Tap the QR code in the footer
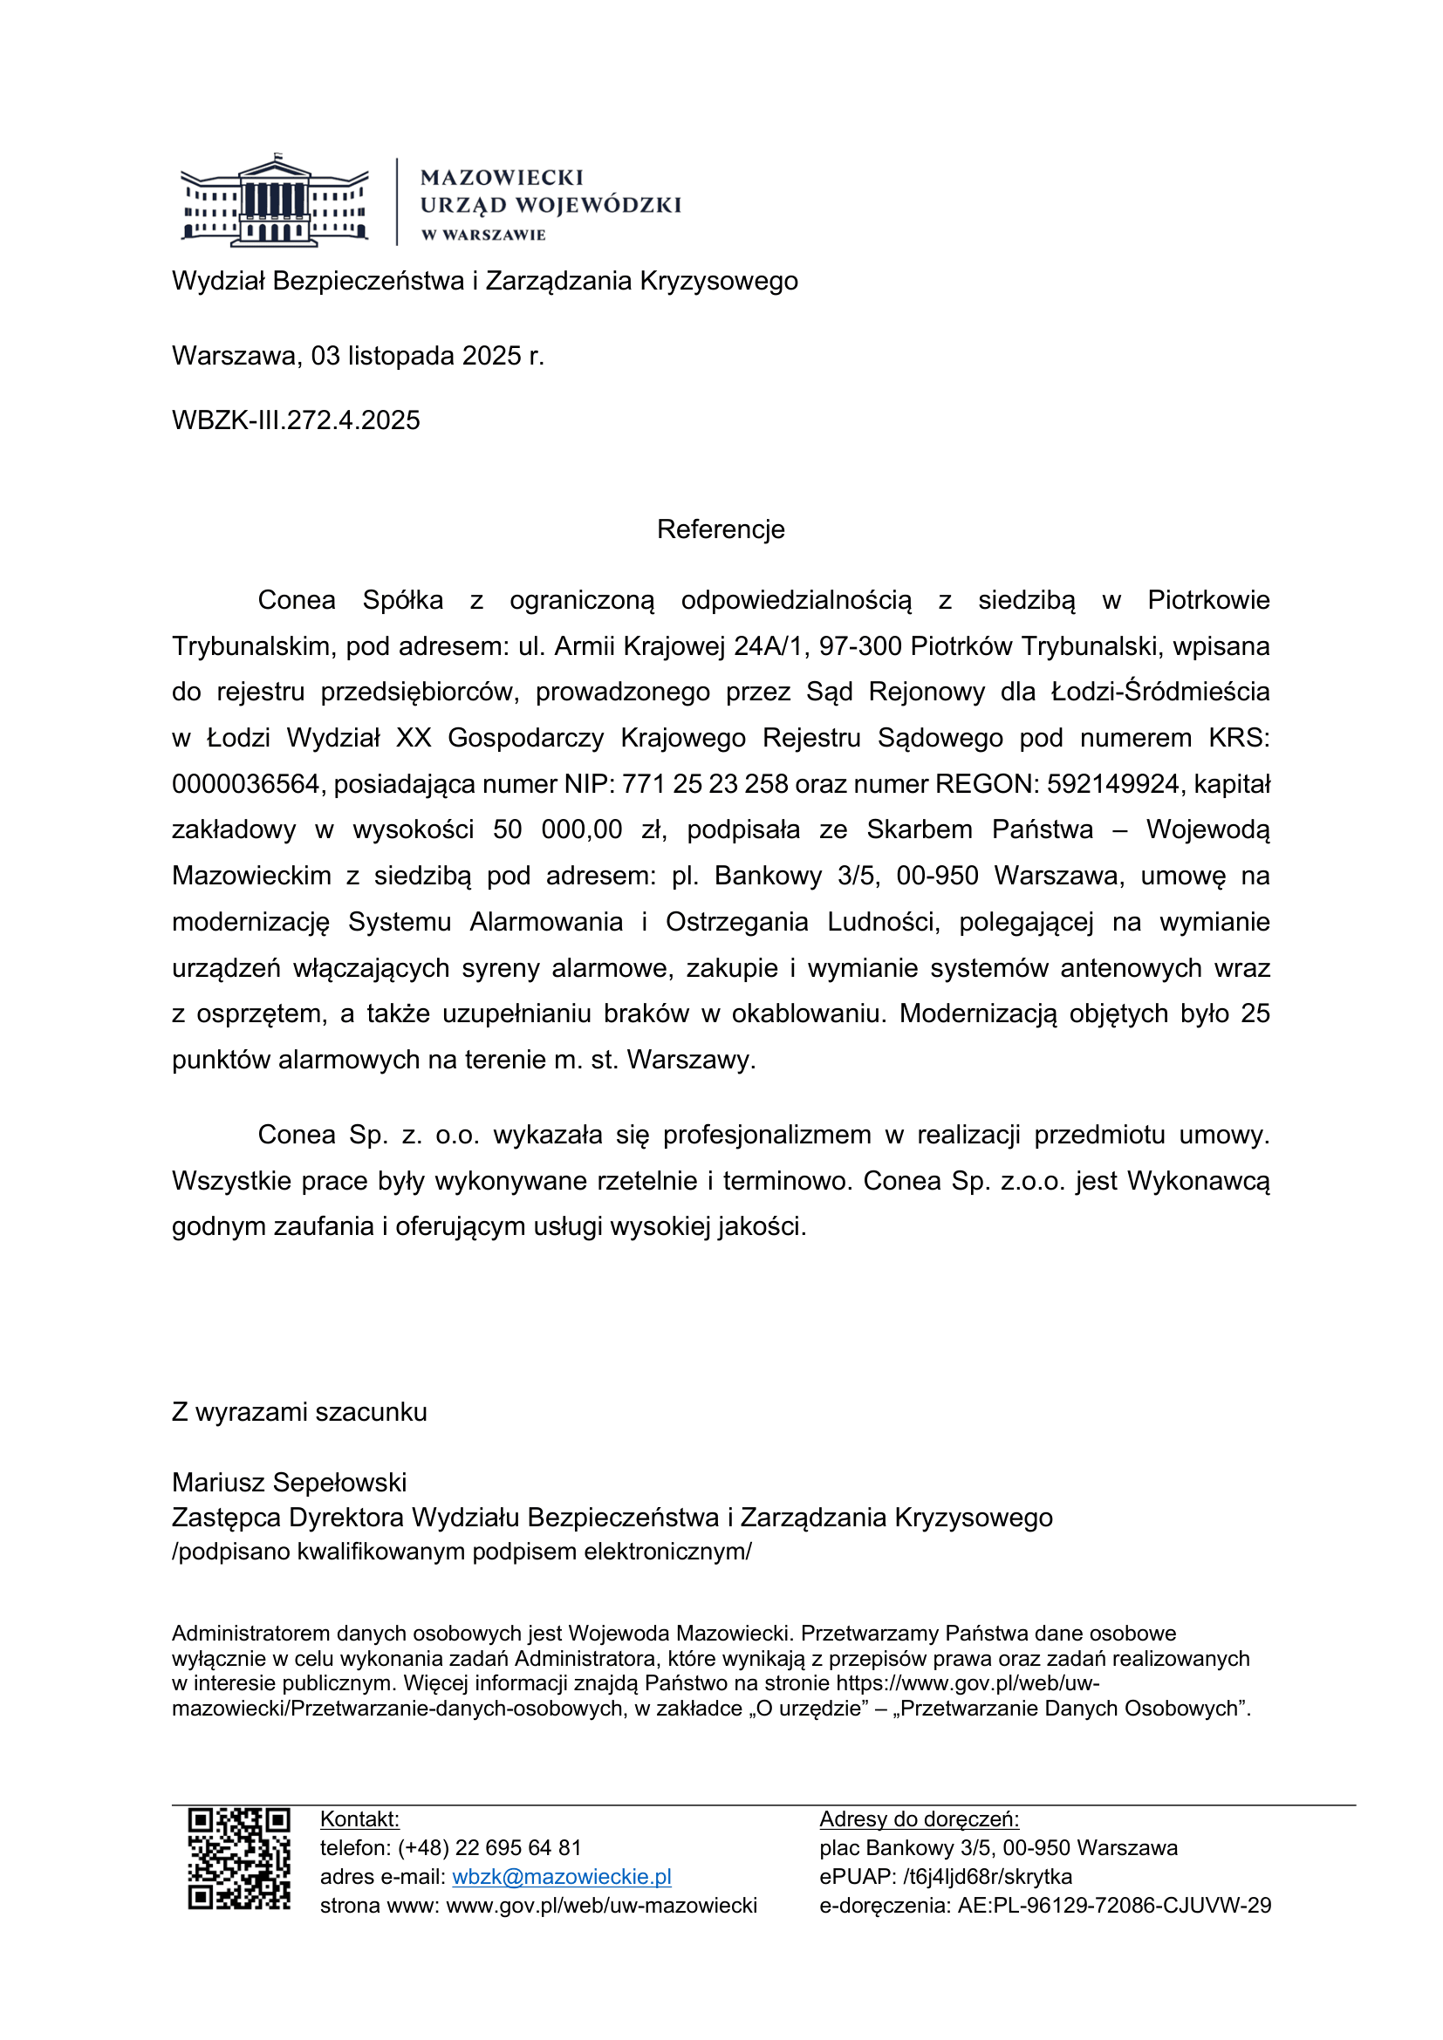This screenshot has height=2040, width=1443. (x=239, y=1859)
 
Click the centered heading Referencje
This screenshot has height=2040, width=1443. (x=721, y=529)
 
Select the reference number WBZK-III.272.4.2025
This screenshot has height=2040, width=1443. (x=296, y=420)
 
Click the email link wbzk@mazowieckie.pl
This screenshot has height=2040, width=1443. (x=562, y=1877)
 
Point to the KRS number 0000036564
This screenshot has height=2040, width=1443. (x=245, y=784)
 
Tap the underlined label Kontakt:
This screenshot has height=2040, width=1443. (x=359, y=1818)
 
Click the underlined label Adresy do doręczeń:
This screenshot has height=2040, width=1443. (x=919, y=1818)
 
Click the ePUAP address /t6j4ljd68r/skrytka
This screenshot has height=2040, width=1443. (x=988, y=1877)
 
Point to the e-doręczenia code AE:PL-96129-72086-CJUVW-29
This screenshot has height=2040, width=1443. (x=1114, y=1906)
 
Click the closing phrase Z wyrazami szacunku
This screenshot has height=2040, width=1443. (x=299, y=1412)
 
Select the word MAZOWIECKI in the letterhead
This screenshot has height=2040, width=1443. (x=502, y=178)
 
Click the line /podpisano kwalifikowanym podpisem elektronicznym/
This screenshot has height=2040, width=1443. (x=462, y=1552)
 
